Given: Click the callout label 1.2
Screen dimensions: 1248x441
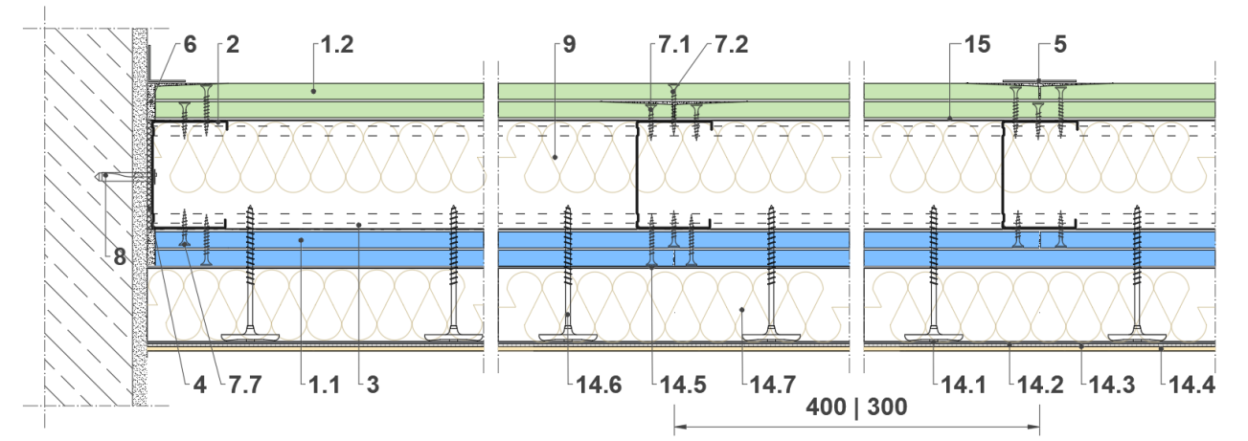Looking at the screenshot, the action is (337, 45).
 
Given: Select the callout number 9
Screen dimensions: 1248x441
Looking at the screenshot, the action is (569, 45).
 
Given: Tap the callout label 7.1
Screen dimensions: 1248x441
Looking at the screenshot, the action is (674, 45).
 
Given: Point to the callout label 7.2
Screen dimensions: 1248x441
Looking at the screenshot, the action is (732, 45).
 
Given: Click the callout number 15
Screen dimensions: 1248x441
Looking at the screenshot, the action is (977, 45).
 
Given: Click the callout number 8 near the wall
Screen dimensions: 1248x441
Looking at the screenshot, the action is (120, 257).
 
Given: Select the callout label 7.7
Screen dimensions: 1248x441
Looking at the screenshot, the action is (245, 385).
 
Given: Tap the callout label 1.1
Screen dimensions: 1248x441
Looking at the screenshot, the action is (324, 385).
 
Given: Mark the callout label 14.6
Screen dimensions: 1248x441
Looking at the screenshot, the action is (599, 385).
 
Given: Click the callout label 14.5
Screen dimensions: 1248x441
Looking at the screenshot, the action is (683, 385).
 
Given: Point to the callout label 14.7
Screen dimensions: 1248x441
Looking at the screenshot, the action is (773, 385).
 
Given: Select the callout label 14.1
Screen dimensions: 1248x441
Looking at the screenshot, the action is (964, 385).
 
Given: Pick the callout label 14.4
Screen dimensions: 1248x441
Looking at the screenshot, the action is (1191, 385).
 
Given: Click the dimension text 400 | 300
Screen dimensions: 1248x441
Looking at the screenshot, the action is (856, 408).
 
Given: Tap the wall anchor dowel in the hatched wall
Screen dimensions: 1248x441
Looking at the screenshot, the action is (125, 176).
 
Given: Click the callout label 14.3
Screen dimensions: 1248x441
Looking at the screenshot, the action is (1111, 385).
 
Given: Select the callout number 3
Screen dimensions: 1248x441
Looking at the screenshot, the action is (373, 385).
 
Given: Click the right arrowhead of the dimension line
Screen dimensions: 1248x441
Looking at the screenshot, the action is (1034, 427).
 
